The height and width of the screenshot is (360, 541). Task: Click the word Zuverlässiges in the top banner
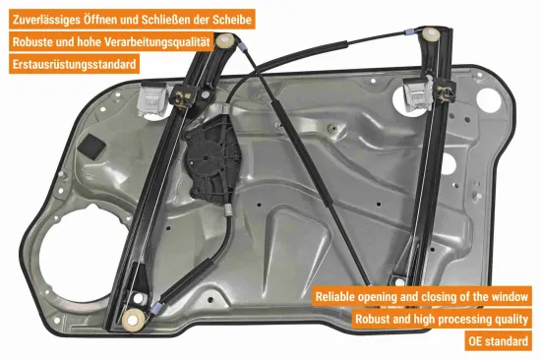46,20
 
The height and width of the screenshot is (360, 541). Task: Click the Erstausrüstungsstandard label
74,64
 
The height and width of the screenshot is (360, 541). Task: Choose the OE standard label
498,341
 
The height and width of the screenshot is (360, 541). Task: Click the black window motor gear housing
211,160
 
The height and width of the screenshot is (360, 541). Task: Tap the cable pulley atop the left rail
225,41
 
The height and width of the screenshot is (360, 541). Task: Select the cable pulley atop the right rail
431,34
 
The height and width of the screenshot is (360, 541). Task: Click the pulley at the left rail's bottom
134,320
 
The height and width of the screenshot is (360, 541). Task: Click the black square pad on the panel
91,147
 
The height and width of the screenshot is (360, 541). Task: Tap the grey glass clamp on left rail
150,100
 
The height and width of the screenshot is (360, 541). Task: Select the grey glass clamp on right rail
418,93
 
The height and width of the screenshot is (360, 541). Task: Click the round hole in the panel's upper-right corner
488,100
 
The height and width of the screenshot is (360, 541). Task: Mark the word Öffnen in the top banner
99,19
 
